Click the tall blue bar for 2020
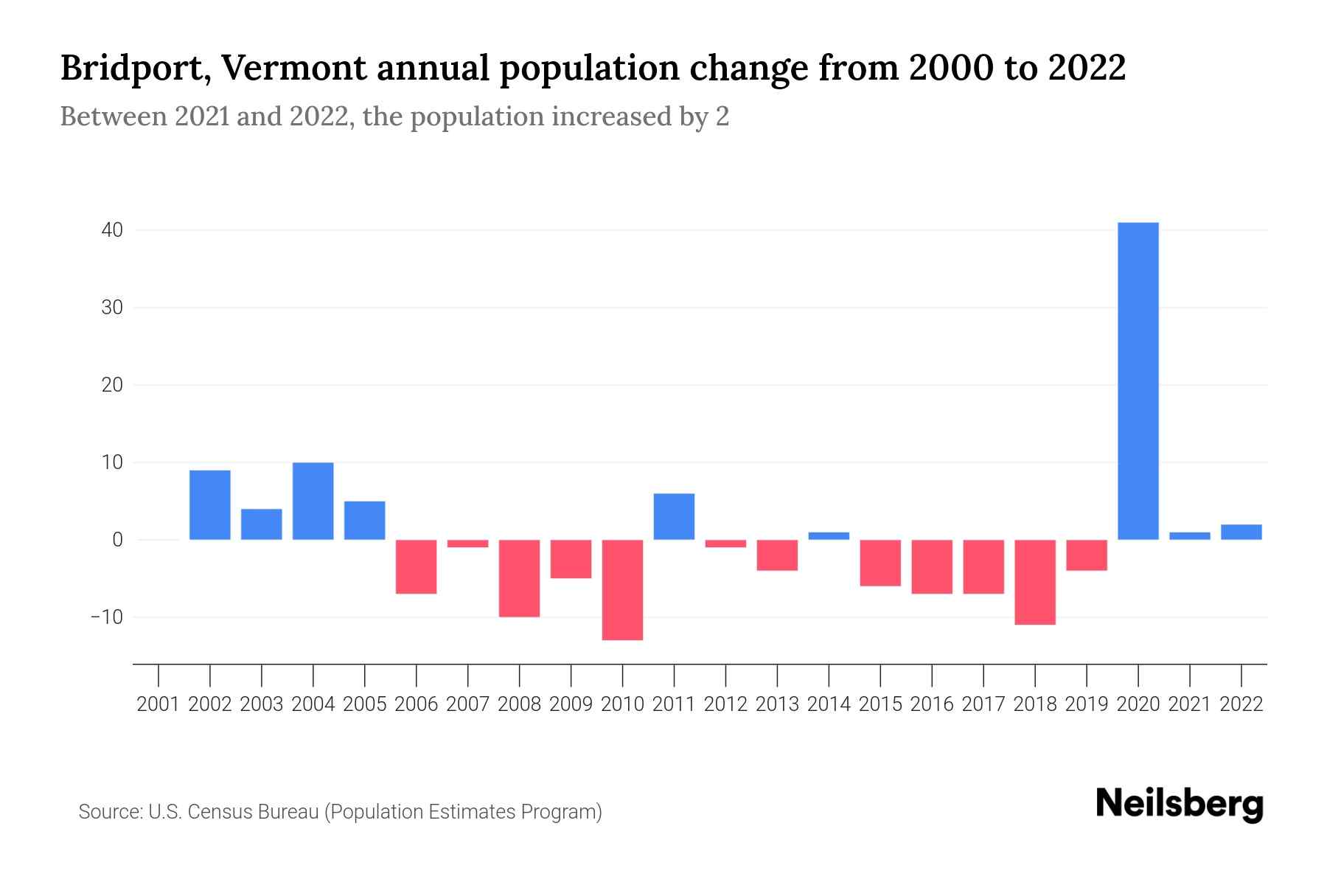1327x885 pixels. (1138, 381)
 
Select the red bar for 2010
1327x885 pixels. (622, 590)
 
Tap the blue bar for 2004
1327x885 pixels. (313, 501)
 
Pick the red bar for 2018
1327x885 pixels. (1034, 582)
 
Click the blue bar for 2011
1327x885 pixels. (674, 516)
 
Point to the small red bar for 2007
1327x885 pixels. (467, 544)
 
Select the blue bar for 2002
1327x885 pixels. (209, 504)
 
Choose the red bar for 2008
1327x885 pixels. (519, 578)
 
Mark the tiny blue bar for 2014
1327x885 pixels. (829, 536)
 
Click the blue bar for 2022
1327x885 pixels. (1241, 532)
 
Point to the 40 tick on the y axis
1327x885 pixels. (112, 230)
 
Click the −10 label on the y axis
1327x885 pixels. (106, 617)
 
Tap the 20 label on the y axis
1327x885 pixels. (112, 385)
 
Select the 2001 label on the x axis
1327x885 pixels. (159, 704)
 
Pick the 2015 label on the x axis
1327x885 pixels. (880, 704)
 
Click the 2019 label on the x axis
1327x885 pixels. (1086, 704)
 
